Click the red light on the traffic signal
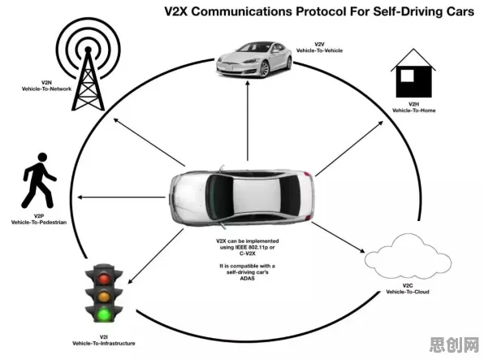[104, 279]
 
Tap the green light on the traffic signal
[104, 314]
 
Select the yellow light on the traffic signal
[104, 297]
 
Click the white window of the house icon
[407, 76]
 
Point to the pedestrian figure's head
[42, 157]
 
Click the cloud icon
[408, 256]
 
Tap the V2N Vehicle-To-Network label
[46, 86]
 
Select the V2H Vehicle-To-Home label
[413, 107]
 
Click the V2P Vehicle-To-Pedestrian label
[39, 219]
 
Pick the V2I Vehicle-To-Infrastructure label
[104, 340]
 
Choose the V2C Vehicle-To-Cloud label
[408, 288]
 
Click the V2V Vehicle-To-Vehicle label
[319, 47]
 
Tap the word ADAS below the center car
[247, 279]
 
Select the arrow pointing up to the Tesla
[248, 120]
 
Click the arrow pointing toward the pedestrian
[121, 197]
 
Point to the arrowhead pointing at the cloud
[361, 250]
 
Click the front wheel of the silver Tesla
[264, 69]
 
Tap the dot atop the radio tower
[88, 50]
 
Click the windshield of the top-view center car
[218, 197]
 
